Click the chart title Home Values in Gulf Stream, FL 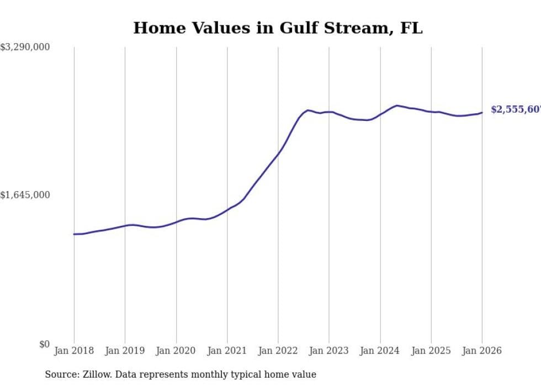pos(278,28)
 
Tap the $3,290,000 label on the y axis pos(25,47)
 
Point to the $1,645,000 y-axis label pos(25,195)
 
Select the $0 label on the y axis pos(44,344)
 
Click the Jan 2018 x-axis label pos(74,351)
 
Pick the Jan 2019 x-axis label pos(125,351)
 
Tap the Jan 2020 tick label pos(176,351)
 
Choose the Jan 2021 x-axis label pos(227,351)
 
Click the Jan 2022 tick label pos(278,351)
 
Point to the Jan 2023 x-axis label pos(329,351)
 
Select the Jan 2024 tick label pos(380,351)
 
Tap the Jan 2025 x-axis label pos(431,351)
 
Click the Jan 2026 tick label pos(482,351)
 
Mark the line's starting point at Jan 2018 pos(74,234)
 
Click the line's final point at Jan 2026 pos(482,113)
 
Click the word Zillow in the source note pos(97,374)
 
